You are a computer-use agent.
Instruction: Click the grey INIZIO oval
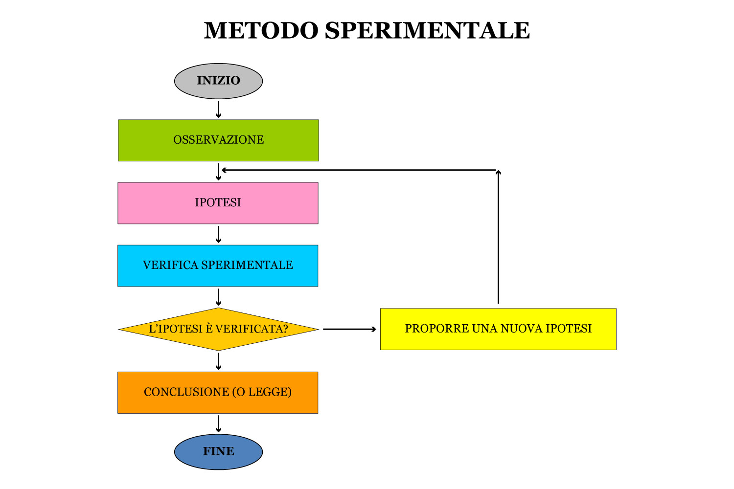(218, 81)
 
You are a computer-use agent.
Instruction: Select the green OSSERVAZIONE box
(218, 140)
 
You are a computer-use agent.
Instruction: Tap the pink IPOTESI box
(218, 203)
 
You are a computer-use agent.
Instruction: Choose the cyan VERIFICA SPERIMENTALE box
(218, 266)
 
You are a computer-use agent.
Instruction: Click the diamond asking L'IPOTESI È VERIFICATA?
(218, 329)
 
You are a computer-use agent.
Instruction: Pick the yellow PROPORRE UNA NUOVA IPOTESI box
(498, 329)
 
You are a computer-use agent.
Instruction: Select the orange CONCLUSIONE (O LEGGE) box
(218, 392)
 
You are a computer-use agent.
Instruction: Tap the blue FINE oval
(218, 452)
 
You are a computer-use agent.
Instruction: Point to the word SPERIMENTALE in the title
(427, 30)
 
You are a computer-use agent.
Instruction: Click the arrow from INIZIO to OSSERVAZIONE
(218, 109)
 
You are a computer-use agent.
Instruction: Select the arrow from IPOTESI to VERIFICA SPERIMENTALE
(218, 234)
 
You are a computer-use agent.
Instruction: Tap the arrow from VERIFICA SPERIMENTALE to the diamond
(218, 297)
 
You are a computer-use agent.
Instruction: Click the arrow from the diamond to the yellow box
(349, 329)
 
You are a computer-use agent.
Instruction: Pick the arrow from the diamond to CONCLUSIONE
(218, 361)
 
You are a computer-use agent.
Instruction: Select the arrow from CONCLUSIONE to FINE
(218, 423)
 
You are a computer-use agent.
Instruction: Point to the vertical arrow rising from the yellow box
(498, 237)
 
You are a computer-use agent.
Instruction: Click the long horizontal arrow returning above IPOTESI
(360, 170)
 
